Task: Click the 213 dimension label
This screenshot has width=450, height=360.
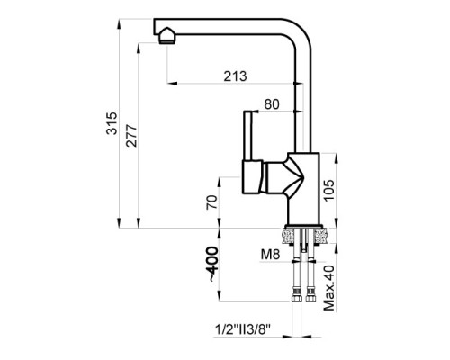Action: point(235,76)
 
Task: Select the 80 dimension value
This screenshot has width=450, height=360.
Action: point(272,104)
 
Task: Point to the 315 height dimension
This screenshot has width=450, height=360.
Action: point(112,123)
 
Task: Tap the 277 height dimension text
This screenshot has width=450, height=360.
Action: point(131,135)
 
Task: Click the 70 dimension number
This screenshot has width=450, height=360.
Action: point(211,202)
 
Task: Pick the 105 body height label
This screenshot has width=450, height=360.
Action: point(328,191)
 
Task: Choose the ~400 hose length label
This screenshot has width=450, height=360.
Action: point(212,264)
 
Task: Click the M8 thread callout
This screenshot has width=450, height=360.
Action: point(270,255)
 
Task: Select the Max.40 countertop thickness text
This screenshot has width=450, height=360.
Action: point(329,288)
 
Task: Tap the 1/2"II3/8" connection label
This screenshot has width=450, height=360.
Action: point(243,329)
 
